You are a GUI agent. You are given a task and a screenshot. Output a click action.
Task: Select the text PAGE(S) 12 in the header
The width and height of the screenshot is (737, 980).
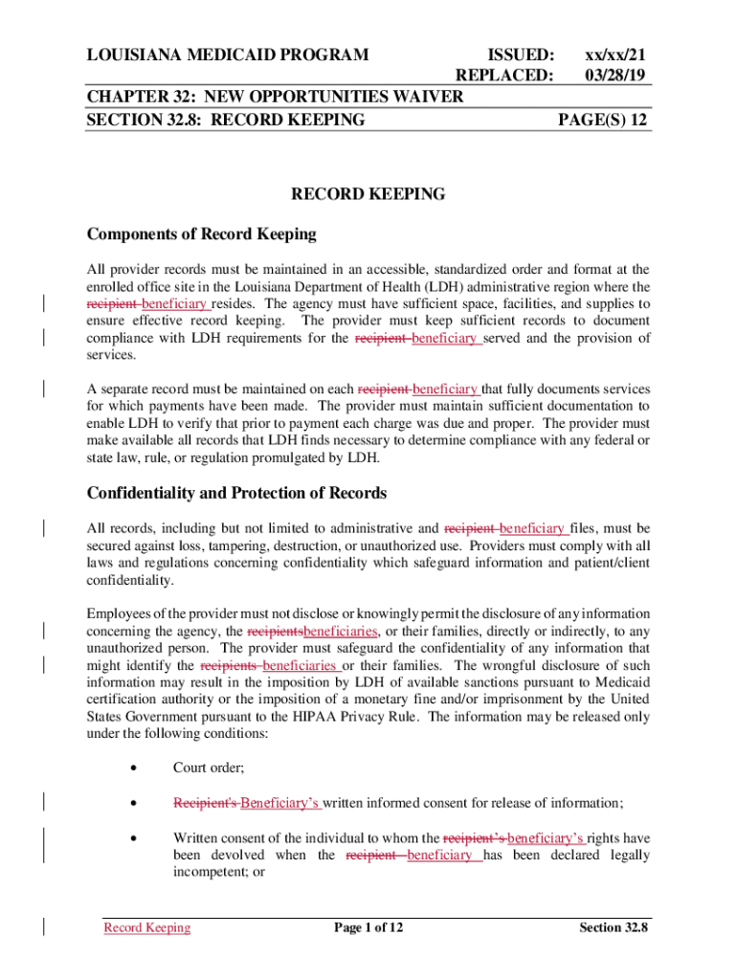coord(604,120)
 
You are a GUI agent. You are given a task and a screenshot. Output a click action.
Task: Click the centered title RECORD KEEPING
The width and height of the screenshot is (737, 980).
coord(368,194)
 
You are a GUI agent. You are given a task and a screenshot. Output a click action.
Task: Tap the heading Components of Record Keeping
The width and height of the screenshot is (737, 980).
coord(201,234)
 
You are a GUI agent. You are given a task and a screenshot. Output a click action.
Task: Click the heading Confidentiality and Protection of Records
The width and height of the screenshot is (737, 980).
coord(236,493)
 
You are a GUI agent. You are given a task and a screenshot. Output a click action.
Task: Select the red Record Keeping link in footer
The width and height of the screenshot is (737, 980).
coord(146,927)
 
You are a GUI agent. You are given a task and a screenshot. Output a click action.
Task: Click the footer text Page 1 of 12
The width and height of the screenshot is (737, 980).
coord(368,927)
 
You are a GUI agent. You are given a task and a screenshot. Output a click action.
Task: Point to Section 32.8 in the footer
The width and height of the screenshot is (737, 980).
coord(614,927)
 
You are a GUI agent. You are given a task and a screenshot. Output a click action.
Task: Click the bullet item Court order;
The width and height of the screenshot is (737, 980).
coord(208,768)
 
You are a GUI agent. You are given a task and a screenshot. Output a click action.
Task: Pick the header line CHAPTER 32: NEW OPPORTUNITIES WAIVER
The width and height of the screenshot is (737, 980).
coord(275,97)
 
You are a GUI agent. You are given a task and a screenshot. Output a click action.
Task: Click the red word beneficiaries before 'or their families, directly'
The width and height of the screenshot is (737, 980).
coord(340,631)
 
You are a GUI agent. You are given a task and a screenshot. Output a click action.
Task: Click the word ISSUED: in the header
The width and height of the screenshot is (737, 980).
coord(522,55)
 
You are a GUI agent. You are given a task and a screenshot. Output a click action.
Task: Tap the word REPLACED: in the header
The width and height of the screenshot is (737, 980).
coord(504,75)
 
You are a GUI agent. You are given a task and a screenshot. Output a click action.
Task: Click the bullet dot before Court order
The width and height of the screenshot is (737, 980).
coord(140,768)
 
